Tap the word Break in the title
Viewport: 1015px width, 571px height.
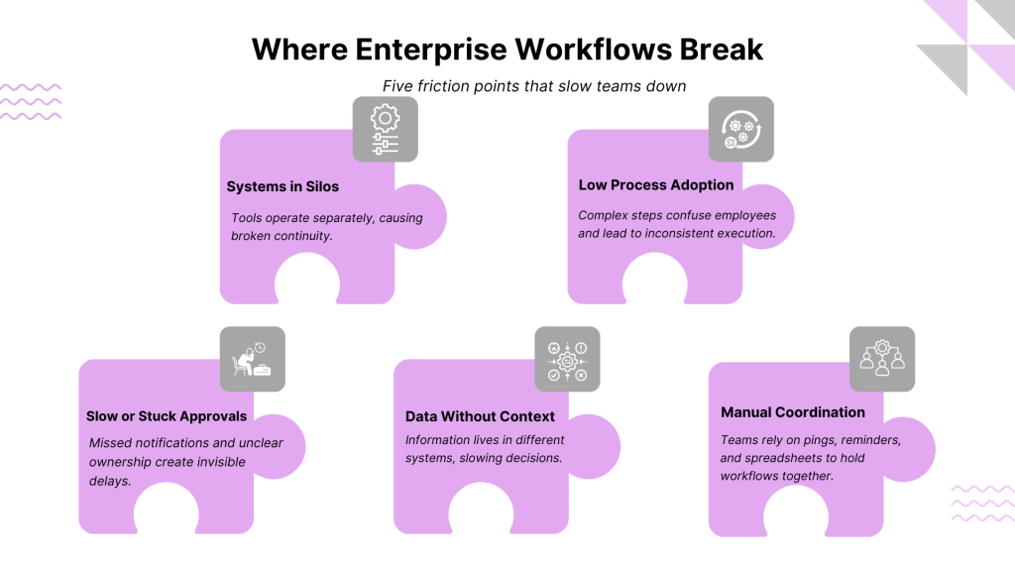tap(722, 50)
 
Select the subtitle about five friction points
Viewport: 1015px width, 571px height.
tap(534, 86)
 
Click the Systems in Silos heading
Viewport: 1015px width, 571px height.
tap(282, 186)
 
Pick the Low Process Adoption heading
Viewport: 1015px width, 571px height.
tap(656, 185)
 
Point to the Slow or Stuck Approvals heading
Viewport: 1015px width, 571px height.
tap(167, 416)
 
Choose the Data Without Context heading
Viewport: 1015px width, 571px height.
tap(480, 416)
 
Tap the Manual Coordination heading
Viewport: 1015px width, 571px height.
tap(792, 412)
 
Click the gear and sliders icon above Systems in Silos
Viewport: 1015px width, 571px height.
tap(386, 130)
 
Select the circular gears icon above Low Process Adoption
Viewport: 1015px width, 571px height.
tap(741, 130)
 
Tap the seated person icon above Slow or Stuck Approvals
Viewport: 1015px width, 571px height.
tap(252, 359)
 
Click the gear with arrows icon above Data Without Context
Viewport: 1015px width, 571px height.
tap(567, 359)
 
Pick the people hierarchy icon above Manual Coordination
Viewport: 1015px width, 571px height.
tap(881, 359)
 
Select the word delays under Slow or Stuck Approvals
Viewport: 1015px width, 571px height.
tap(110, 481)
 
